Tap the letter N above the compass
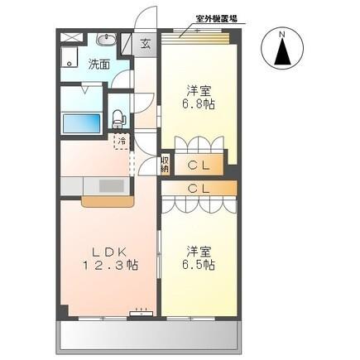click(x=282, y=33)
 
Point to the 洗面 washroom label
click(x=99, y=64)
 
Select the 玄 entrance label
click(x=145, y=44)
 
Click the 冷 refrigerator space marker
click(x=122, y=142)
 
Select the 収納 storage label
click(x=166, y=164)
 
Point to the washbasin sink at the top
click(x=106, y=40)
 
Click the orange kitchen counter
click(x=106, y=201)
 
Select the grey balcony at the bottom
click(x=149, y=334)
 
